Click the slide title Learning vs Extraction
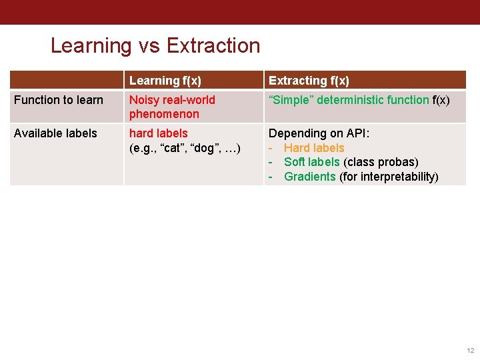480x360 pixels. [155, 45]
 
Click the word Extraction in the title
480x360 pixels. [213, 45]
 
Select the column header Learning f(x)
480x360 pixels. [165, 81]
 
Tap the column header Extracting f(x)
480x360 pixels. [308, 81]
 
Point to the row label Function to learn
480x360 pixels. [59, 100]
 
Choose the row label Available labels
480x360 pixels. [55, 133]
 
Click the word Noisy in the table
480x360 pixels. [144, 100]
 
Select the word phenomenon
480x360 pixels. [164, 114]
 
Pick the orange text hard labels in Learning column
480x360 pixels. [159, 133]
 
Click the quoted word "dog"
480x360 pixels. [205, 147]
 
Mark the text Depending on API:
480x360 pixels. [319, 133]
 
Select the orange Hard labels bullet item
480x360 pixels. [314, 148]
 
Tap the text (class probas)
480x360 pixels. [381, 162]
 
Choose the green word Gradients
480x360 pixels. [309, 177]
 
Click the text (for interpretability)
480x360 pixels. [389, 177]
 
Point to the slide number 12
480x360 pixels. [469, 350]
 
